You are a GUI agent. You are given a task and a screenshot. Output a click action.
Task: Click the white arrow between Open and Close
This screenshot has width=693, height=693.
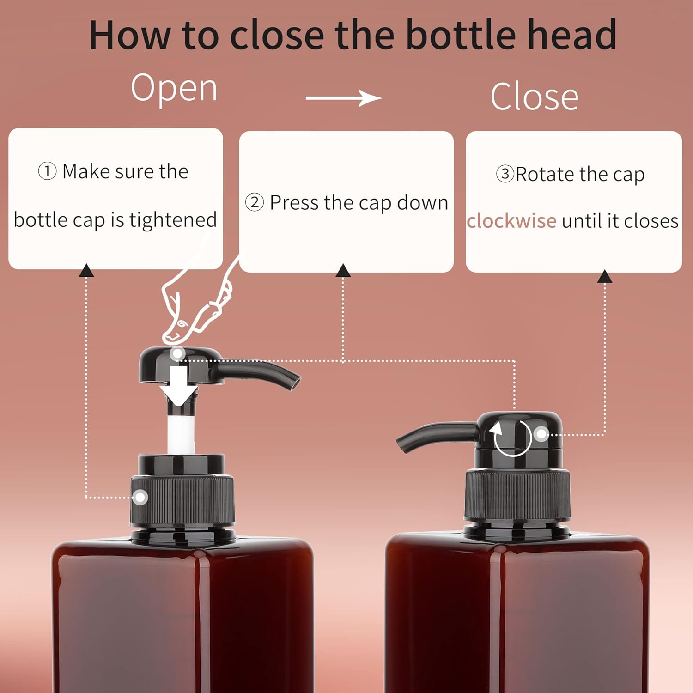pyautogui.click(x=344, y=98)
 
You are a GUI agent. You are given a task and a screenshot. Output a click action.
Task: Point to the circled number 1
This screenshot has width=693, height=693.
pyautogui.click(x=47, y=171)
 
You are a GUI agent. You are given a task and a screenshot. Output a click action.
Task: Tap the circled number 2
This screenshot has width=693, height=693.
pyautogui.click(x=254, y=202)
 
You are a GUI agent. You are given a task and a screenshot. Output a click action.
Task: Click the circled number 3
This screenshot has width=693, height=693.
pyautogui.click(x=505, y=174)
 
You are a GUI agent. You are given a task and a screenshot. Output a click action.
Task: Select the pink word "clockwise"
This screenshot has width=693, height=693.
pyautogui.click(x=511, y=221)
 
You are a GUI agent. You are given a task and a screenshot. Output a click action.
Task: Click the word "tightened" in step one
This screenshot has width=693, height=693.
pyautogui.click(x=173, y=219)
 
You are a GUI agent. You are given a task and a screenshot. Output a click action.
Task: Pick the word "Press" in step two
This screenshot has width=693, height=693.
pyautogui.click(x=294, y=202)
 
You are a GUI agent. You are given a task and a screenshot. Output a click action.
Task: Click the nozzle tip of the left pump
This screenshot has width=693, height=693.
pyautogui.click(x=295, y=383)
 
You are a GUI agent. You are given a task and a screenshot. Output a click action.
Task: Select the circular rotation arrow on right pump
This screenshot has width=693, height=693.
pyautogui.click(x=512, y=438)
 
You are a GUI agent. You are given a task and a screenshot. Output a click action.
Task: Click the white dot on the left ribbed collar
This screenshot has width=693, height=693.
pyautogui.click(x=140, y=498)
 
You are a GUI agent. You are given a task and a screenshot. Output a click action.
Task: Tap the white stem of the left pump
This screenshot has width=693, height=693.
pyautogui.click(x=181, y=434)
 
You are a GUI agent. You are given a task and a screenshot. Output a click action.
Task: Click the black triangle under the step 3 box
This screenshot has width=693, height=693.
pyautogui.click(x=605, y=276)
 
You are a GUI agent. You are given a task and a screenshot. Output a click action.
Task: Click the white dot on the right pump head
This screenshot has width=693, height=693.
pyautogui.click(x=541, y=434)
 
